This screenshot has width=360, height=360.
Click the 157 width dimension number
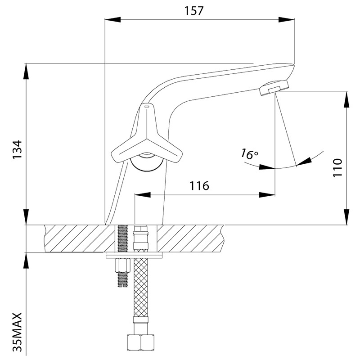[x=195, y=10]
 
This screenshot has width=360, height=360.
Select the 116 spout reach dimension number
[x=199, y=185]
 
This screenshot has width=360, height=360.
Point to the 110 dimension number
[x=338, y=167]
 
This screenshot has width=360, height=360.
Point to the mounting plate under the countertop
[x=134, y=256]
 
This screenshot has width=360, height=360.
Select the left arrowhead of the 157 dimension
[x=108, y=19]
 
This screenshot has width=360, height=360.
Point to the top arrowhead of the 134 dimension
[x=26, y=67]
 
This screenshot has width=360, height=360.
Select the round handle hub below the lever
[x=146, y=162]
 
